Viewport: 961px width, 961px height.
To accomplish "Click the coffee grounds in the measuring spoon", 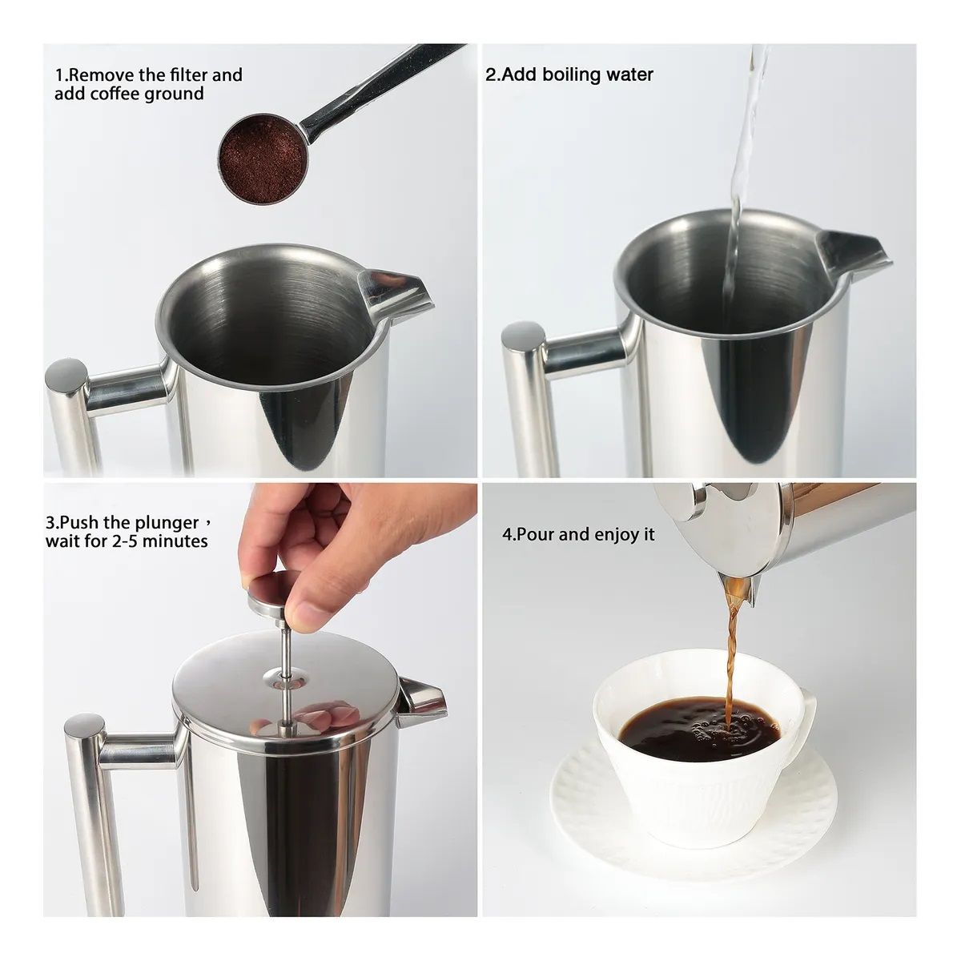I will [262, 155].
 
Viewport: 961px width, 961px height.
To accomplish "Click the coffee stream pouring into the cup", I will [731, 657].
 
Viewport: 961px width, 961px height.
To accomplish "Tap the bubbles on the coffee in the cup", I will [721, 730].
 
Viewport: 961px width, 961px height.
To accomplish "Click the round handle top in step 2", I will [524, 336].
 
